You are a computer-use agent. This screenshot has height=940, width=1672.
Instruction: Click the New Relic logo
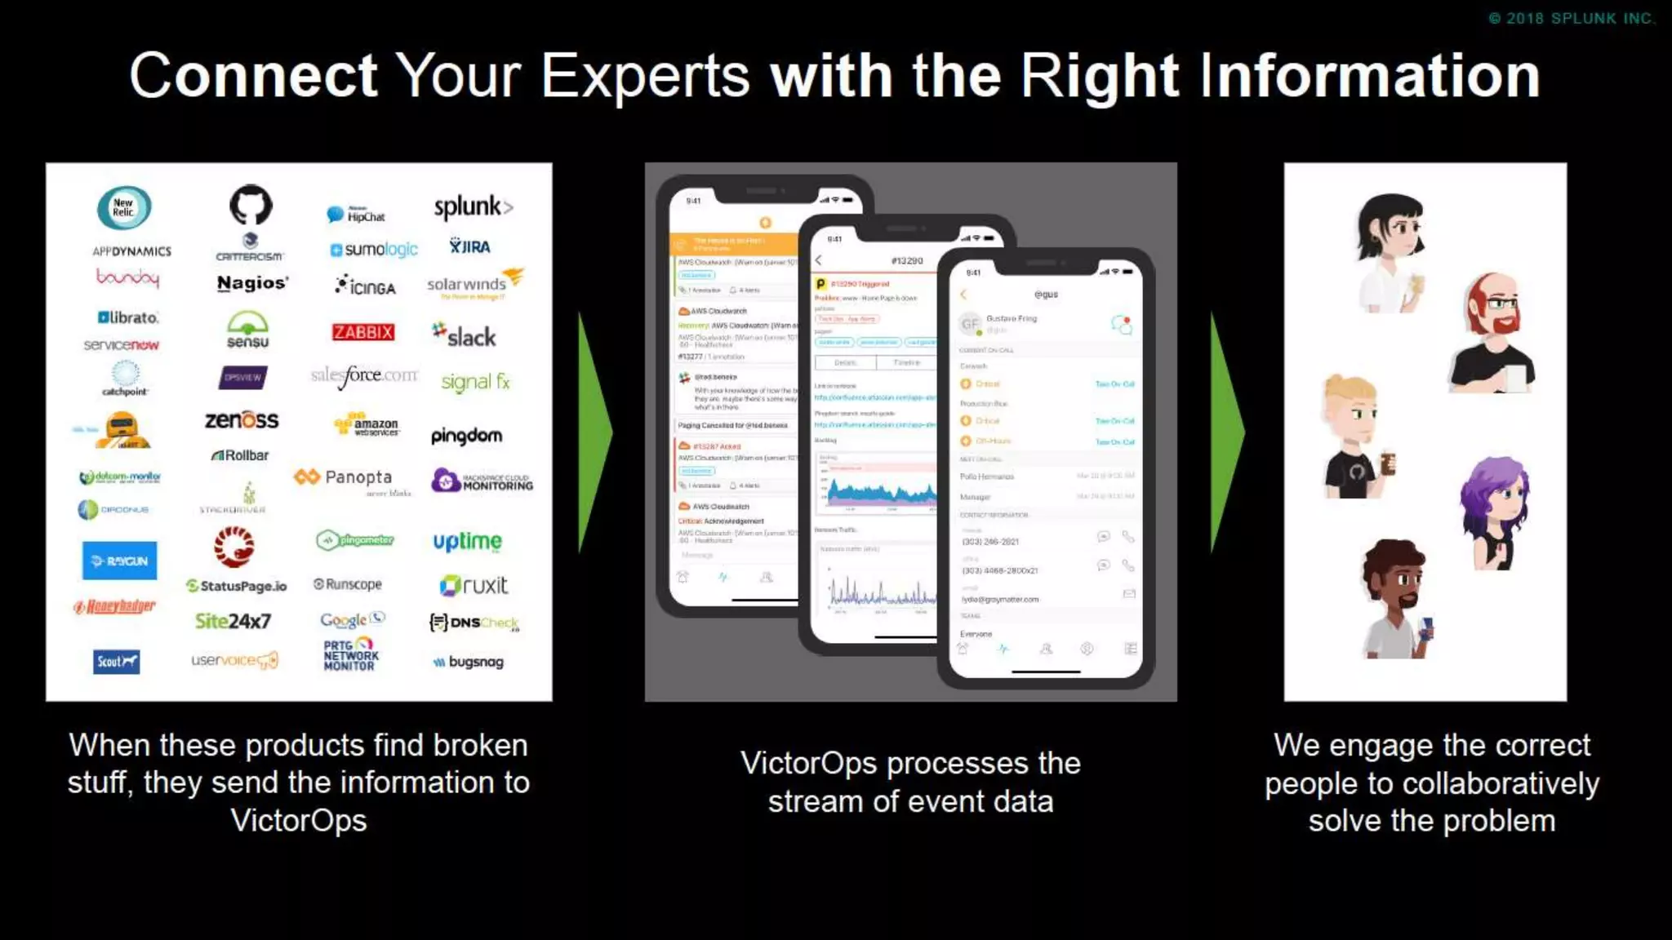coord(123,207)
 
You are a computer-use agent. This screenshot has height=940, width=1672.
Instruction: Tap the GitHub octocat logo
coord(250,204)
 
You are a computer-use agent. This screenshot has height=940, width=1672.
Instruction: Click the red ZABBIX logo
coord(363,332)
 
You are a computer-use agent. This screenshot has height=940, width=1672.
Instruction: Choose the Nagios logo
coord(251,283)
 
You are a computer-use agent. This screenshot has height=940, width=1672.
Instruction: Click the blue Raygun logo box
coord(119,561)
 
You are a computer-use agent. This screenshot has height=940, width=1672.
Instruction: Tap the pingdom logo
coord(466,436)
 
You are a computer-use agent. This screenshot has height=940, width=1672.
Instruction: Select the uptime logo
coord(467,541)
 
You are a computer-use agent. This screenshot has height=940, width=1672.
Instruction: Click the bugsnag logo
coord(469,662)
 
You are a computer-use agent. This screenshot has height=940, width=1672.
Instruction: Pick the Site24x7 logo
coord(233,621)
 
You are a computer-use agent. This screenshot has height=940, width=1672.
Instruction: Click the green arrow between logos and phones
coord(594,432)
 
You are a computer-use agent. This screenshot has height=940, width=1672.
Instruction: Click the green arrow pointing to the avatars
coord(1226,432)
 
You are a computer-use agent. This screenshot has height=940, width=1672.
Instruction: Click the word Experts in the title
coord(645,76)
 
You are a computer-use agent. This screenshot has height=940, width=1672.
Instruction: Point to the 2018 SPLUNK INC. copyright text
coord(1572,18)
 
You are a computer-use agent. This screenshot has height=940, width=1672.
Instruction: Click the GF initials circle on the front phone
coord(969,324)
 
